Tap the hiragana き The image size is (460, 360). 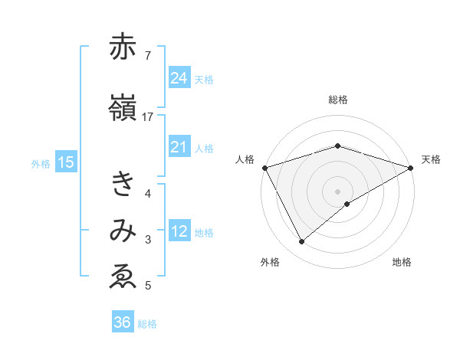click(123, 185)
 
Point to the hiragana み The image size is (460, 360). click(123, 232)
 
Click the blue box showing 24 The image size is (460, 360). click(179, 77)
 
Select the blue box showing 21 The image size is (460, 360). click(179, 147)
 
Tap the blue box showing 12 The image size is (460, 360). click(179, 231)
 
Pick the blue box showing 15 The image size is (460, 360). click(65, 162)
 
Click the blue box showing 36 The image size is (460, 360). click(122, 322)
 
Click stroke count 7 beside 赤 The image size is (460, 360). click(147, 55)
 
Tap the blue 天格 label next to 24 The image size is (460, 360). click(204, 79)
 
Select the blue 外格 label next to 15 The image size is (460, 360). click(41, 163)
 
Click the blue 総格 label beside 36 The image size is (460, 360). click(147, 324)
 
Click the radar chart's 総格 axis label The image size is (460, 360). click(337, 100)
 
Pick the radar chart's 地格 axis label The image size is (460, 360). click(402, 263)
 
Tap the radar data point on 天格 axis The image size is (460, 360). click(411, 167)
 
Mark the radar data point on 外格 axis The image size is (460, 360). click(301, 242)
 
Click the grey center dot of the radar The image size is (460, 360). click(337, 191)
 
